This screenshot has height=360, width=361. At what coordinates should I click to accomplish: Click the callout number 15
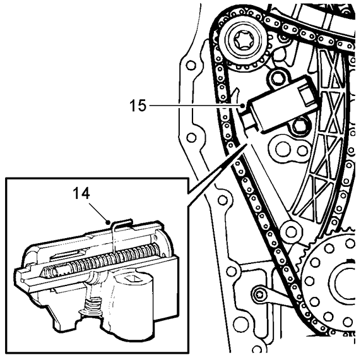point(138,105)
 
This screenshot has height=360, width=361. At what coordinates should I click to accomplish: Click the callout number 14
point(81,193)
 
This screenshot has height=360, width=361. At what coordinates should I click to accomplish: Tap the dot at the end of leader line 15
point(242,105)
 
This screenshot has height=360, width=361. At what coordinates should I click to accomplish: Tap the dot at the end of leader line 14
point(107,222)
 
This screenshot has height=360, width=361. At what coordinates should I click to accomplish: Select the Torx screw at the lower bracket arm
point(260,294)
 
